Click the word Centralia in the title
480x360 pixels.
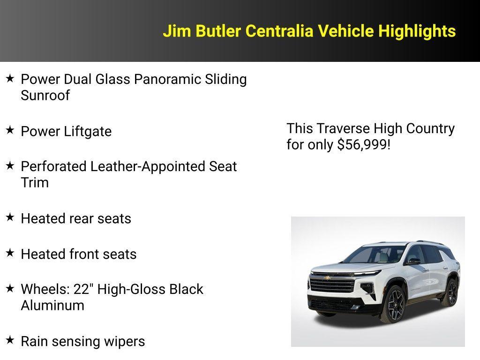coord(280,31)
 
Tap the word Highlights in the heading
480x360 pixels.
coord(417,31)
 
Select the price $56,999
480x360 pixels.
coord(362,144)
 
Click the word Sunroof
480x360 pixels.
coord(45,96)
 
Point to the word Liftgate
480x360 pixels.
coord(88,131)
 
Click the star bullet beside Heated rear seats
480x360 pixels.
coord(10,217)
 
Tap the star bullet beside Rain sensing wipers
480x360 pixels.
coord(10,340)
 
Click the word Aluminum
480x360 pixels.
coord(52,305)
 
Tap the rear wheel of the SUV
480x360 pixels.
coord(451,292)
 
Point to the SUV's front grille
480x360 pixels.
coord(333,284)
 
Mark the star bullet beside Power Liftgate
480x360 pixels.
coord(10,130)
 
